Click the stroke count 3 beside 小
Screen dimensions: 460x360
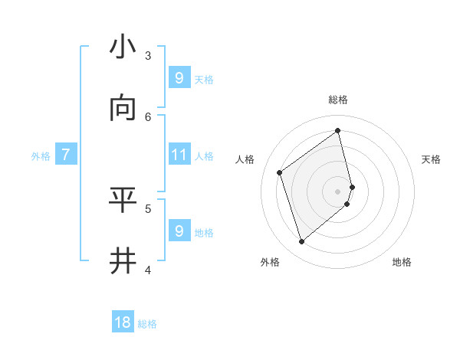tap(148, 55)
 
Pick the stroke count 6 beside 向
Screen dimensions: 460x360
tap(148, 116)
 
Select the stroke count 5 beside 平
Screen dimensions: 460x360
tap(148, 208)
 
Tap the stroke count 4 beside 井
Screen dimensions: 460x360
tap(148, 270)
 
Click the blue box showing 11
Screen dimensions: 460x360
tap(179, 155)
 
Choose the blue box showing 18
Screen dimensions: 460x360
tap(123, 322)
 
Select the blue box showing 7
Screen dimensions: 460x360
tap(66, 155)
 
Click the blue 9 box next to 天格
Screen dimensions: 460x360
tap(179, 78)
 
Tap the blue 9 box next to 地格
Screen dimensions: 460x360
tap(179, 231)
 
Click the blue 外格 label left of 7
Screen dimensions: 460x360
tap(41, 156)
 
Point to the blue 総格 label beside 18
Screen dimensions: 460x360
tap(147, 324)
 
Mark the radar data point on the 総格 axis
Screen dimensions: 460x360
tap(338, 131)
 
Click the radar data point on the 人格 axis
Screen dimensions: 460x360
tap(280, 172)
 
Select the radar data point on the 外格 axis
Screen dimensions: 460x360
tap(301, 242)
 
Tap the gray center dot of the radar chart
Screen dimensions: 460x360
tap(338, 191)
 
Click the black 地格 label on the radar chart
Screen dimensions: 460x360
tap(402, 262)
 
